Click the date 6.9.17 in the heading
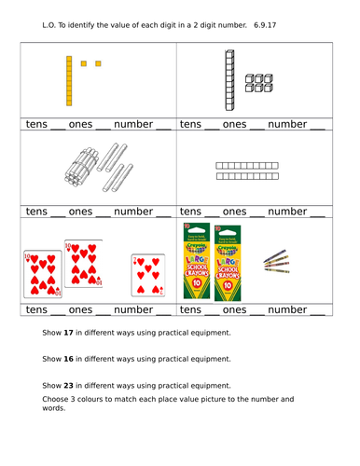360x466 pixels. pyautogui.click(x=265, y=25)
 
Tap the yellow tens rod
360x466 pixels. pyautogui.click(x=69, y=81)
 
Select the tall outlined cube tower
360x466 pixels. pyautogui.click(x=229, y=80)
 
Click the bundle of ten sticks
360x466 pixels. pyautogui.click(x=81, y=167)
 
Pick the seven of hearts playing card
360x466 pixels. pyautogui.click(x=148, y=275)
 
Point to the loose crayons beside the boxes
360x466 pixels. pyautogui.click(x=276, y=262)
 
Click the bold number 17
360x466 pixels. pyautogui.click(x=68, y=333)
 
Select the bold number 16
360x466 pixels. pyautogui.click(x=68, y=359)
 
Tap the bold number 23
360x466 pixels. pyautogui.click(x=68, y=386)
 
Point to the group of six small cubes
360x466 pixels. pyautogui.click(x=259, y=83)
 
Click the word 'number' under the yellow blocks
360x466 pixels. pyautogui.click(x=133, y=124)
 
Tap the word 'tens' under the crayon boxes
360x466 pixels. pyautogui.click(x=190, y=309)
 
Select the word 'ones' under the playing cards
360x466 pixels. pyautogui.click(x=80, y=309)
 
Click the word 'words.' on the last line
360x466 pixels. pyautogui.click(x=54, y=408)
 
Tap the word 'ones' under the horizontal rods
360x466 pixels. pyautogui.click(x=234, y=212)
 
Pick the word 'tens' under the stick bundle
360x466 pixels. pyautogui.click(x=36, y=212)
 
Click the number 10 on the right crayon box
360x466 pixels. pyautogui.click(x=228, y=285)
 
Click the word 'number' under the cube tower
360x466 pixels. pyautogui.click(x=287, y=124)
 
